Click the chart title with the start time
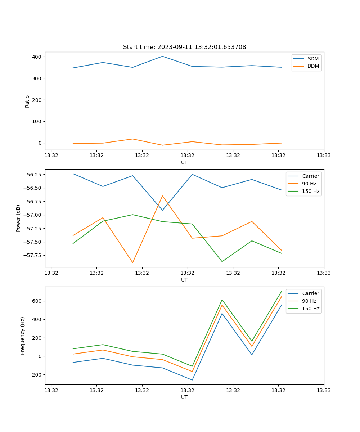coord(184,47)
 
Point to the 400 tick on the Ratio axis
coord(37,57)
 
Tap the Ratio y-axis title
coord(27,101)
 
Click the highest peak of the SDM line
coord(162,56)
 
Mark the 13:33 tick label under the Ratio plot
coord(324,155)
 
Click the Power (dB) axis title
coord(18,218)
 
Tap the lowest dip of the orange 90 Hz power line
coord(132,262)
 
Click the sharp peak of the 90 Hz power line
coord(162,196)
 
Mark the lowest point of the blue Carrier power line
coord(162,210)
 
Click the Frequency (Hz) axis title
coord(23,336)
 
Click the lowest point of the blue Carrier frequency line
coord(192,380)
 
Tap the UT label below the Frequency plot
coord(184,397)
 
